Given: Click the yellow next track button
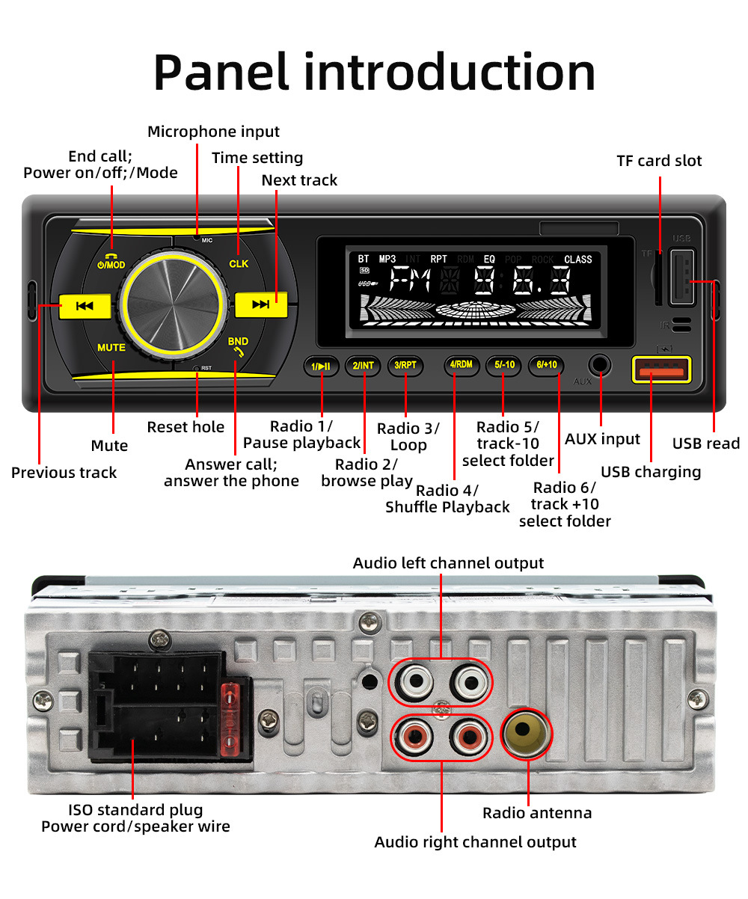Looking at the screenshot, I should click(x=260, y=304).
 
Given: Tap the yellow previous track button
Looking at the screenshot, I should click(x=85, y=305).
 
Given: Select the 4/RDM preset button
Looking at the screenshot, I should click(x=461, y=365).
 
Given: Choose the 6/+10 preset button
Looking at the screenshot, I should click(x=547, y=365).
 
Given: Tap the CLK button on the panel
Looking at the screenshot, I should click(x=239, y=264).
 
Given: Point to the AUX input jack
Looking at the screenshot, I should click(x=599, y=366).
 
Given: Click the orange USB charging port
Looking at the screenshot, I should click(x=661, y=371).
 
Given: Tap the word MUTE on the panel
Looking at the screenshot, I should click(x=111, y=348).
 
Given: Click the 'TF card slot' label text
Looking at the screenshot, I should click(x=659, y=161).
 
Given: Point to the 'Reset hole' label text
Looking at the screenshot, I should click(x=186, y=427).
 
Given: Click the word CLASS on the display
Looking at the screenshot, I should click(x=577, y=260).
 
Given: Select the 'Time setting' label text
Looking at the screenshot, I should click(x=257, y=158).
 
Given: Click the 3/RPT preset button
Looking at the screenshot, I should click(x=406, y=365).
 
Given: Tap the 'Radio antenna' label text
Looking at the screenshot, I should click(x=536, y=813).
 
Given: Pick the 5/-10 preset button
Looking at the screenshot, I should click(x=504, y=365).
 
